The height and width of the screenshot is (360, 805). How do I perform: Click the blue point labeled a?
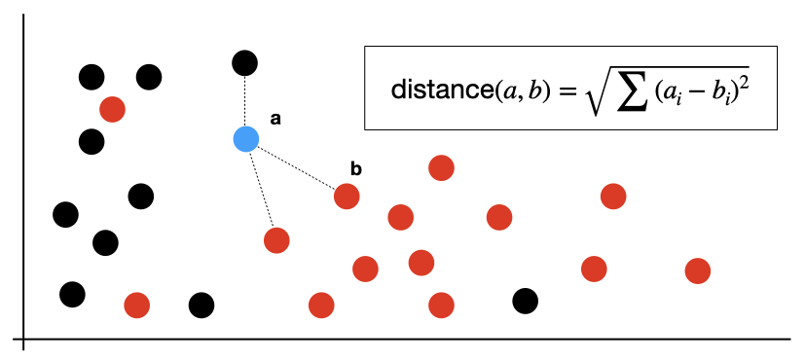point(246,139)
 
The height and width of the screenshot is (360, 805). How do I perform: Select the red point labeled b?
point(347,197)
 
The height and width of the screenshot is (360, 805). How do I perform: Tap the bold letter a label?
point(275,120)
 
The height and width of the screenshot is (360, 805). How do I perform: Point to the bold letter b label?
point(356,169)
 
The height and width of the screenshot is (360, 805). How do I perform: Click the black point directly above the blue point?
point(245,63)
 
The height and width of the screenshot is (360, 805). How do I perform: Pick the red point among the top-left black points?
point(113,109)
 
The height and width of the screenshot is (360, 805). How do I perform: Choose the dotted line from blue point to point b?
point(296,167)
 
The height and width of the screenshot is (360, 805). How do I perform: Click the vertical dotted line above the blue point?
point(245,101)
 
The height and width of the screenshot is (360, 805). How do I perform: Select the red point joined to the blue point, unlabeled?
point(276,240)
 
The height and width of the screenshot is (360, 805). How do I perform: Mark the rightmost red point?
point(698,270)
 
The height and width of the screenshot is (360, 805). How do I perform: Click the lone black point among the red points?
point(526,301)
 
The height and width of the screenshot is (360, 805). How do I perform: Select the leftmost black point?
point(66,214)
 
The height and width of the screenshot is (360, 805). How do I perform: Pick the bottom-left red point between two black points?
point(137,306)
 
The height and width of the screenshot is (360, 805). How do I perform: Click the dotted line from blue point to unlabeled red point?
point(261,190)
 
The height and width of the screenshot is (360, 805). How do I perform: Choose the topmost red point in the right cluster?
point(441,167)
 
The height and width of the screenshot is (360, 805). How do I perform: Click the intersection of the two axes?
point(23,339)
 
